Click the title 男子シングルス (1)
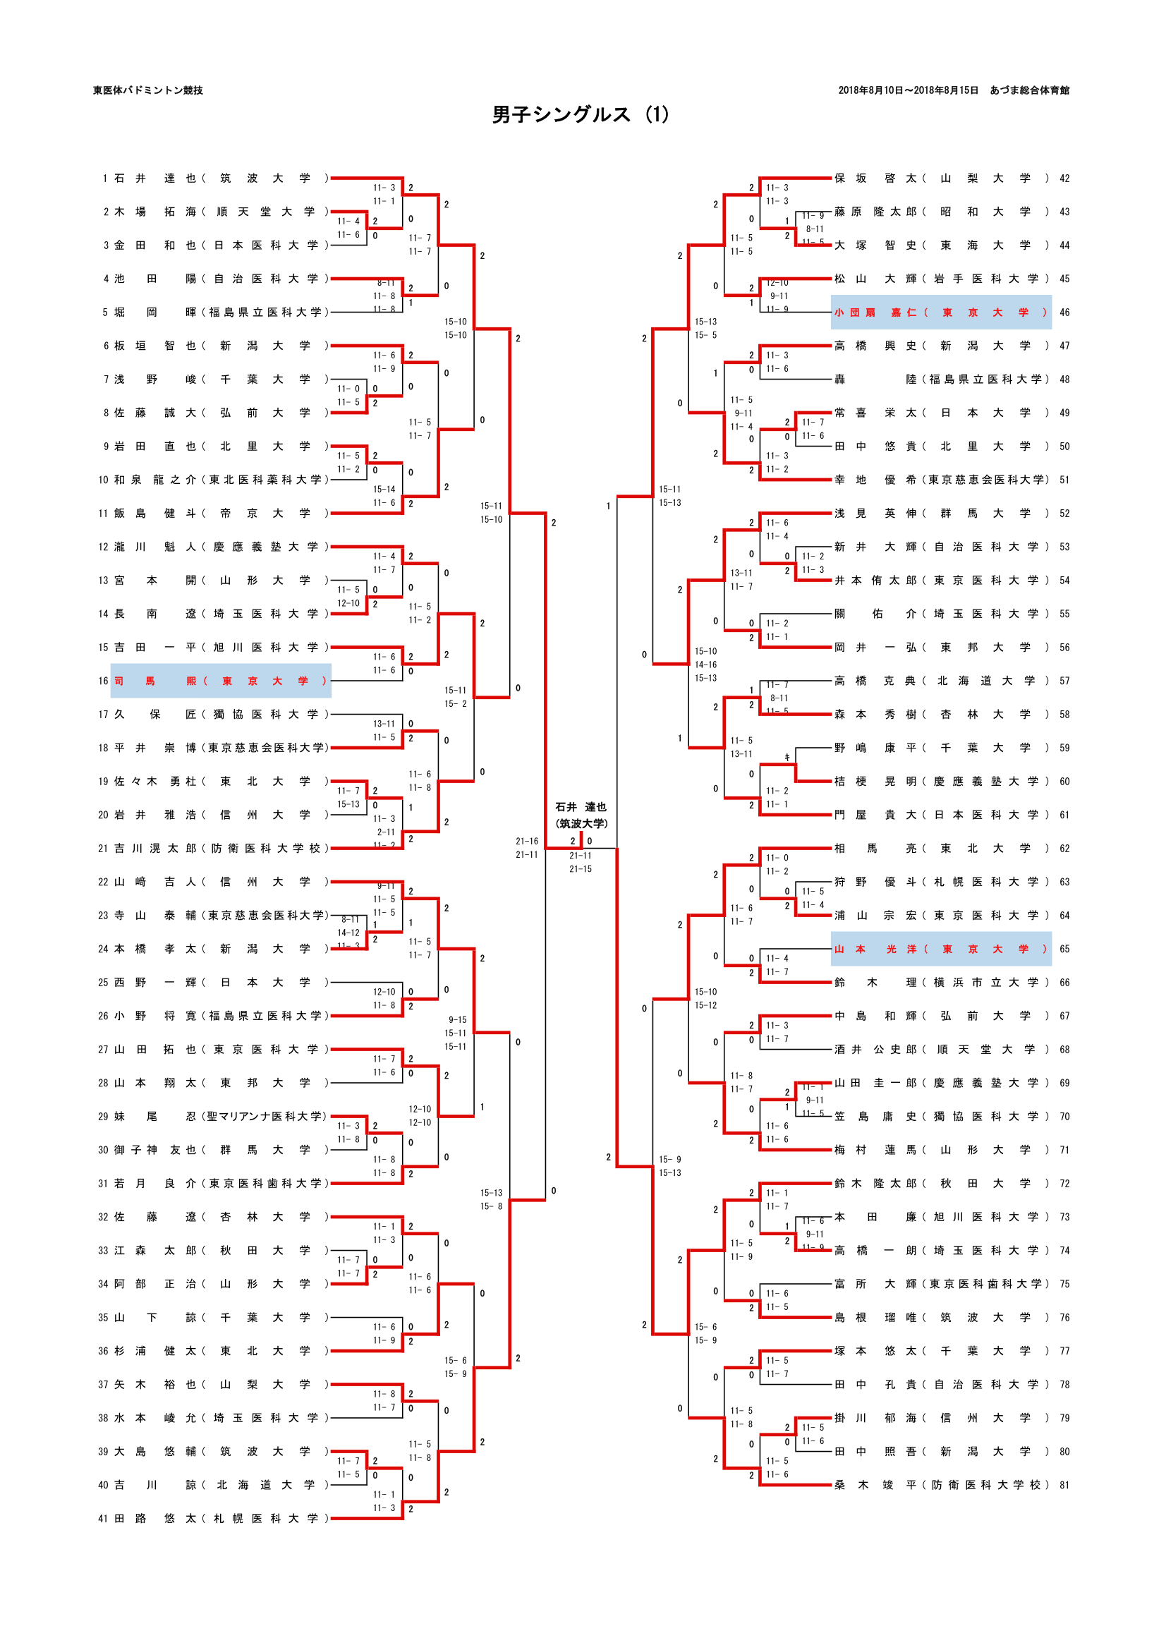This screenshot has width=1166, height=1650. pyautogui.click(x=581, y=115)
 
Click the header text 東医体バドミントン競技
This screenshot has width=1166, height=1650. pyautogui.click(x=148, y=90)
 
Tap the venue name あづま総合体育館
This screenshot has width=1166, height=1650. pyautogui.click(x=1028, y=90)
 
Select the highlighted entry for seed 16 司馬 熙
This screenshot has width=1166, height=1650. pyautogui.click(x=221, y=681)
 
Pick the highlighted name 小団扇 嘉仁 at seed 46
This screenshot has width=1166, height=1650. pyautogui.click(x=940, y=313)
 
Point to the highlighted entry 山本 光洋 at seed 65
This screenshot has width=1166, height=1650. pyautogui.click(x=940, y=950)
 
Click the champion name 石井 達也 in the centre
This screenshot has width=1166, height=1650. pyautogui.click(x=581, y=807)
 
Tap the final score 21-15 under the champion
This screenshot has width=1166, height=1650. pyautogui.click(x=581, y=870)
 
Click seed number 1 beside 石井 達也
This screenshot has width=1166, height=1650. pyautogui.click(x=105, y=178)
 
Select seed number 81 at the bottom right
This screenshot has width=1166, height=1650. pyautogui.click(x=1064, y=1486)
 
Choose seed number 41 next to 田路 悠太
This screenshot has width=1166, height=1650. pyautogui.click(x=103, y=1519)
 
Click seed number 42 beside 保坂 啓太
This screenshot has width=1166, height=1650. pyautogui.click(x=1064, y=178)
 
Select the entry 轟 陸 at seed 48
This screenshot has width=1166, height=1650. pyautogui.click(x=940, y=380)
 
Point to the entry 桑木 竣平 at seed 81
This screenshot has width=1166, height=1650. pyautogui.click(x=940, y=1486)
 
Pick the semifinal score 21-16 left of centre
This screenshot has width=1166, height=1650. pyautogui.click(x=527, y=842)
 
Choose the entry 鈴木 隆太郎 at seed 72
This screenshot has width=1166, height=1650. pyautogui.click(x=940, y=1184)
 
